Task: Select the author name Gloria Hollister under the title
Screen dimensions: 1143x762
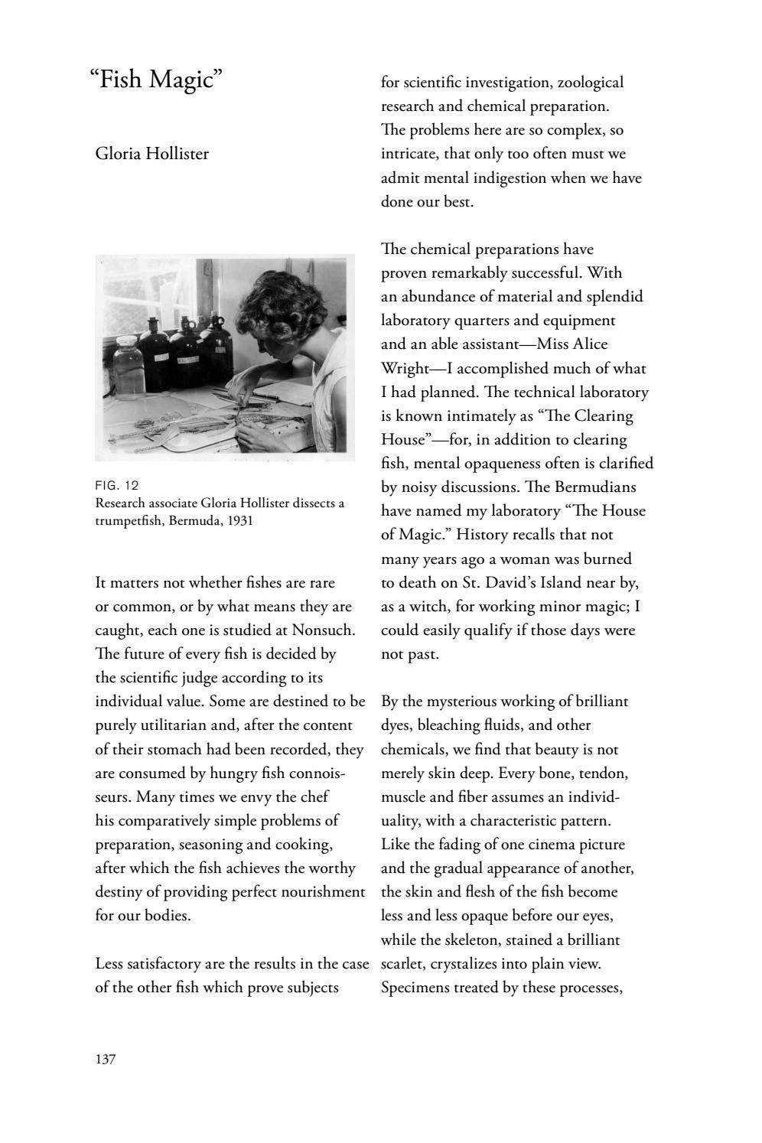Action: pyautogui.click(x=151, y=154)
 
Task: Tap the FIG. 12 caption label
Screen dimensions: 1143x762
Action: pyautogui.click(x=117, y=485)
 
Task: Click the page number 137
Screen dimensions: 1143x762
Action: pyautogui.click(x=105, y=1060)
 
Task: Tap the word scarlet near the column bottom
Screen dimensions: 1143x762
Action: pyautogui.click(x=402, y=964)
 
